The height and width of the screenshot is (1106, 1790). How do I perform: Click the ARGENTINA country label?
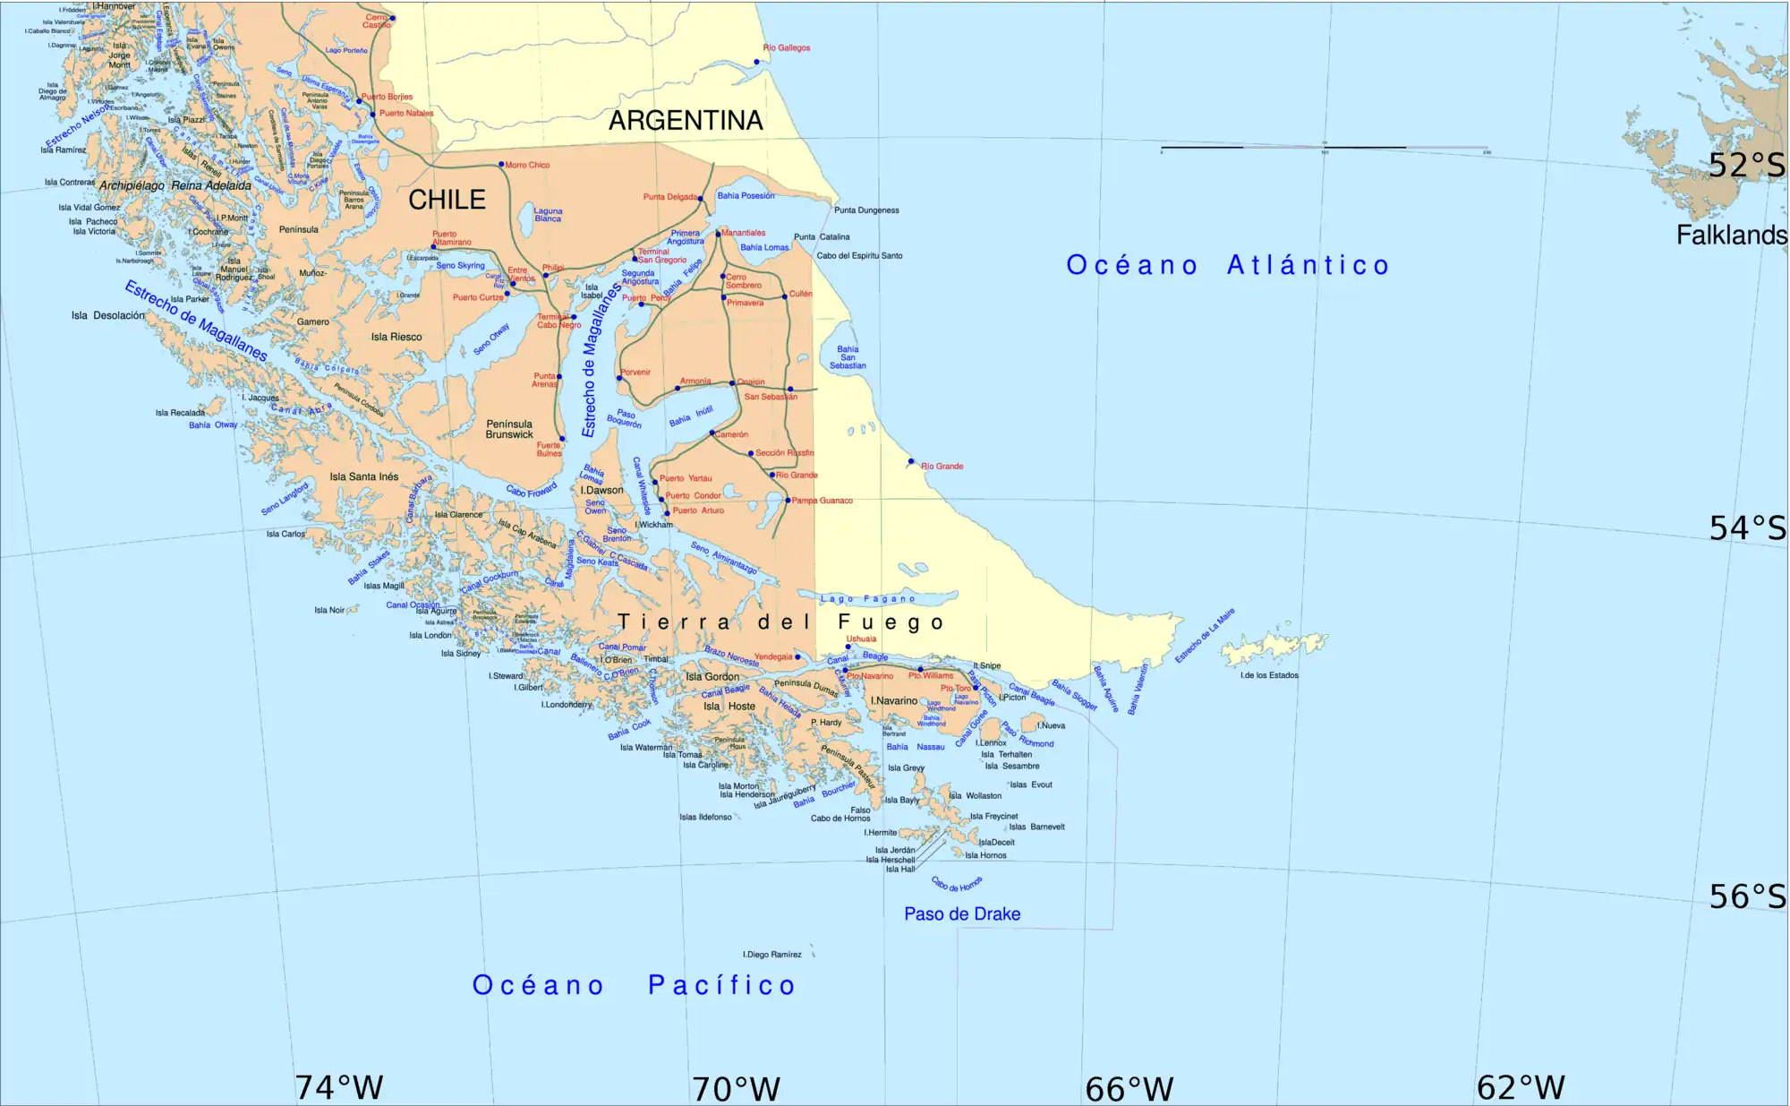click(686, 120)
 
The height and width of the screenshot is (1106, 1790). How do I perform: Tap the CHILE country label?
click(447, 200)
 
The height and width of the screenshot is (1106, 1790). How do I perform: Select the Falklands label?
click(1731, 236)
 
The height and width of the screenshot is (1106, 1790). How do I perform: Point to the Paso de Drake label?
click(962, 914)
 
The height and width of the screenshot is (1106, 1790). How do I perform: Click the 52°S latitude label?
click(1746, 166)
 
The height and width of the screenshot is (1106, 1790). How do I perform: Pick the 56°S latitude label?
click(1746, 896)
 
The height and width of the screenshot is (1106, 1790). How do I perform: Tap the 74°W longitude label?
click(339, 1087)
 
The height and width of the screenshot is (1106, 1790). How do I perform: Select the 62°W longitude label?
click(1521, 1087)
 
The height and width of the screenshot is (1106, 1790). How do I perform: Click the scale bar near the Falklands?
click(1325, 148)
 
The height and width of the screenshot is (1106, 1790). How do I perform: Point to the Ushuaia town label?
click(861, 639)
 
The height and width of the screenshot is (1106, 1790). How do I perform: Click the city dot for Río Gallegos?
click(757, 62)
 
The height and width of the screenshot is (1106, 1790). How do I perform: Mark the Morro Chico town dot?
click(501, 165)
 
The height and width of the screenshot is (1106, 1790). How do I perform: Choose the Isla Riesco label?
click(396, 338)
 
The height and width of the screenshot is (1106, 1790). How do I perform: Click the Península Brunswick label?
click(509, 430)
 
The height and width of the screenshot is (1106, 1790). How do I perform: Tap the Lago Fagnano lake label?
click(868, 599)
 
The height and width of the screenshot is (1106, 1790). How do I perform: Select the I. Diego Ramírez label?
click(772, 955)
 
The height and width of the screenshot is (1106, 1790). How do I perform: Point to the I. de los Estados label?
click(1269, 675)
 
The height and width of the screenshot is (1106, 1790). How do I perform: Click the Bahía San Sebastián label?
click(848, 357)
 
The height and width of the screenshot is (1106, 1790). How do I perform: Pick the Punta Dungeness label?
click(866, 210)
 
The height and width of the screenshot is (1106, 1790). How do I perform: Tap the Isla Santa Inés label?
click(364, 477)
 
